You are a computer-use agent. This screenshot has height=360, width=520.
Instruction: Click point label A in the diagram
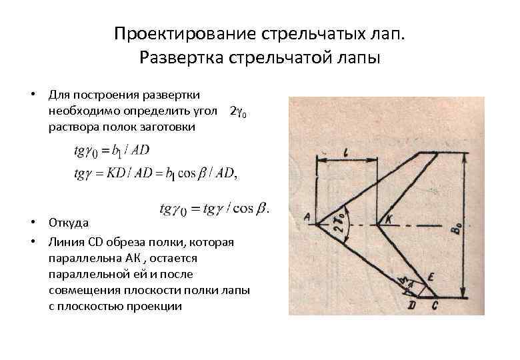point(307,216)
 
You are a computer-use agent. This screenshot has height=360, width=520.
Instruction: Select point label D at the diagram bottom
point(412,305)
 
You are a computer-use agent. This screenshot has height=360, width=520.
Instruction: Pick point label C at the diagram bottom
point(434,305)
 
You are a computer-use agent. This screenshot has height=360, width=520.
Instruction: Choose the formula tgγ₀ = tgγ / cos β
point(213,209)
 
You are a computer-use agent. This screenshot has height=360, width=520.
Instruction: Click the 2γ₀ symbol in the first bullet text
point(238,110)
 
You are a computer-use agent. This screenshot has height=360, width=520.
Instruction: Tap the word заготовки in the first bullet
point(167,126)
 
